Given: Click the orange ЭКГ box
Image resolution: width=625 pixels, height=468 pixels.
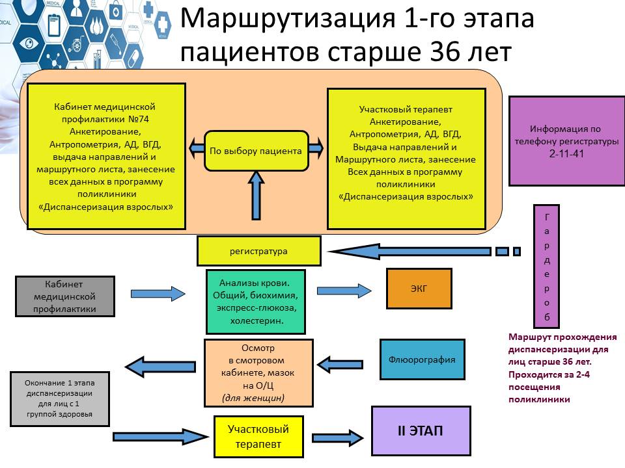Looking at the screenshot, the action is pos(419,289).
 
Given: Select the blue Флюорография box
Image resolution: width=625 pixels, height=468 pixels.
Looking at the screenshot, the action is pos(422,359).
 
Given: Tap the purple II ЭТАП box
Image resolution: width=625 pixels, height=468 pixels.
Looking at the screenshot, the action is pos(421,430).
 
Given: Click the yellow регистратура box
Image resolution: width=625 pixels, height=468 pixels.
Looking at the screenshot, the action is pos(258,251).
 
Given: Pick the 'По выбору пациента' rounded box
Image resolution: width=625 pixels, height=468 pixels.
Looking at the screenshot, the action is pos(256,151).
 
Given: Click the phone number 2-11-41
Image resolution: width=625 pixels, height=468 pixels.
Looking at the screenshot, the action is pos(566,153).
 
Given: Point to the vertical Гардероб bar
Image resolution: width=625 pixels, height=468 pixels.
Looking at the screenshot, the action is pos(546,266).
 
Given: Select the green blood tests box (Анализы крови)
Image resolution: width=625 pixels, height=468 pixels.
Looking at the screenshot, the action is pos(255,302).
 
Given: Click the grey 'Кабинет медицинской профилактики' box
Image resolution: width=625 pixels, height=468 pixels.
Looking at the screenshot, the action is pos(65,296).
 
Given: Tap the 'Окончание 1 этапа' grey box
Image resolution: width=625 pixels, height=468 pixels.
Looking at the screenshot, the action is pos(60,399).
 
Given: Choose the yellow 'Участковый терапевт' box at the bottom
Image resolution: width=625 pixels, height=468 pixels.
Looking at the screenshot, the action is pos(258,437).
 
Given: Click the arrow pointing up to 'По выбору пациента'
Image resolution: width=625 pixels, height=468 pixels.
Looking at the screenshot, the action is pos(256,196).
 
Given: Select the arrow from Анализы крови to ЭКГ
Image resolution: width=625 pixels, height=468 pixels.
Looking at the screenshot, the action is pos(344,291).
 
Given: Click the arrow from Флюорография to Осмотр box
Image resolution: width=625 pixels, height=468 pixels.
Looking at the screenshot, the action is pos(340,364).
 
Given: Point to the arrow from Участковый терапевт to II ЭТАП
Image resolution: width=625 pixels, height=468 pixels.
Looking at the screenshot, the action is pos(338,438).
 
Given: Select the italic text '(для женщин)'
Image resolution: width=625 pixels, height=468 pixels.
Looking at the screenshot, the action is pos(253,398).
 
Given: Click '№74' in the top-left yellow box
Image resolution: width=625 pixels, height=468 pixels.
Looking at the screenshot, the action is pos(138,119).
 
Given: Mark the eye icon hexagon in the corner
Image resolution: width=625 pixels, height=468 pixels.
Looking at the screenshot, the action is pos(29,43).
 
